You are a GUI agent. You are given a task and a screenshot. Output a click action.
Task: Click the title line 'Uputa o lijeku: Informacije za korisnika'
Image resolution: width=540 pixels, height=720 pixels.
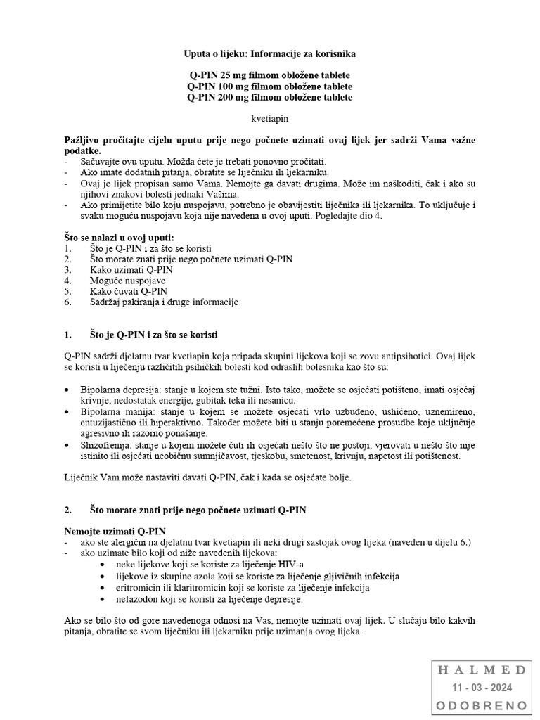tap(270, 53)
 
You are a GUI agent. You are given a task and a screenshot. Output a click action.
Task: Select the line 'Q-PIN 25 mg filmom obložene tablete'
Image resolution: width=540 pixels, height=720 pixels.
tap(270, 75)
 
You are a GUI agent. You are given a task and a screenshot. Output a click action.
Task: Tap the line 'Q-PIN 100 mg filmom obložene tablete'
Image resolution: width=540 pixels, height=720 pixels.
tap(270, 86)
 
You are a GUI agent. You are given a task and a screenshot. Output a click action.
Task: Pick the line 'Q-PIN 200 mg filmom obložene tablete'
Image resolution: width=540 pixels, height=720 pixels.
tap(270, 97)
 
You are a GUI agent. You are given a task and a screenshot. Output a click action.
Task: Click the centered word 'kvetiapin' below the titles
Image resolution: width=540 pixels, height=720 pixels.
tap(270, 119)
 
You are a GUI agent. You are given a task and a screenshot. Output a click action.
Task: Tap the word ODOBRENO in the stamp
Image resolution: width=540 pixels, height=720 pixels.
tap(482, 705)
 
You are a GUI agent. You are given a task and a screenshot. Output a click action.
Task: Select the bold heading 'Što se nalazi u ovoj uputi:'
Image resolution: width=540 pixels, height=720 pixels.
tap(119, 238)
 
